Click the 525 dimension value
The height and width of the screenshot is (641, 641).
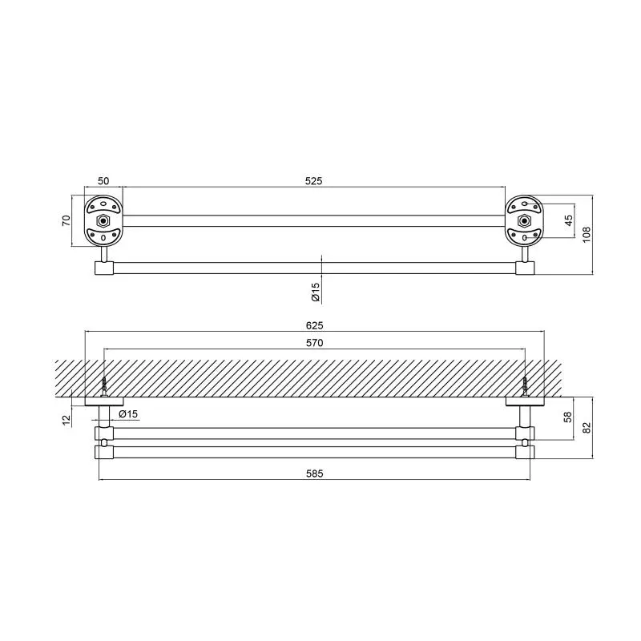click(x=313, y=181)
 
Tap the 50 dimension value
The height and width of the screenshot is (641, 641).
click(x=103, y=181)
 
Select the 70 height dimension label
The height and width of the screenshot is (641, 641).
click(x=67, y=221)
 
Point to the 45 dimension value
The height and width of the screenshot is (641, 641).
click(x=569, y=221)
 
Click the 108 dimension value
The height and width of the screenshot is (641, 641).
click(x=587, y=235)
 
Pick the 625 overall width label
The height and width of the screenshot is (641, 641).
click(x=314, y=325)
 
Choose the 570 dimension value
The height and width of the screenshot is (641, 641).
click(x=314, y=343)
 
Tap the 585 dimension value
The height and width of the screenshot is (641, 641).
click(x=314, y=474)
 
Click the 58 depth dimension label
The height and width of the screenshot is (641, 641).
click(x=568, y=417)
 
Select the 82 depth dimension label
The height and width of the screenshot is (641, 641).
click(x=587, y=428)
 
